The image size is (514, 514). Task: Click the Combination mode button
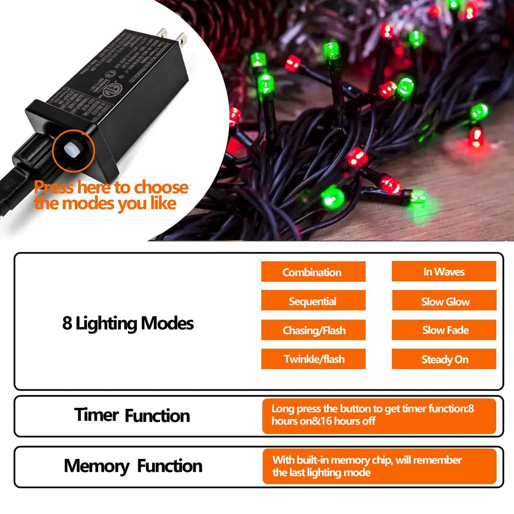click(313, 272)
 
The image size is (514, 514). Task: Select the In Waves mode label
click(444, 271)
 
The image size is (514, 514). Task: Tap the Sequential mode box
click(313, 301)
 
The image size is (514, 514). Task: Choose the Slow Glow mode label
click(445, 301)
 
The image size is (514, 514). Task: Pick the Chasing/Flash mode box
click(314, 330)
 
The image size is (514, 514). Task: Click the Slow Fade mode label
click(445, 330)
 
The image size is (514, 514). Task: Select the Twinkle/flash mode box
click(314, 359)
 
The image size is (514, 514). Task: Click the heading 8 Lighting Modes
click(128, 323)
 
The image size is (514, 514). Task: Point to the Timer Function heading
click(132, 415)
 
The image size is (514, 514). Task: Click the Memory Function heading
click(133, 466)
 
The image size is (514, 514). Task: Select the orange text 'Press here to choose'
click(111, 187)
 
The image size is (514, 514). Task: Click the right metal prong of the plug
click(182, 40)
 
